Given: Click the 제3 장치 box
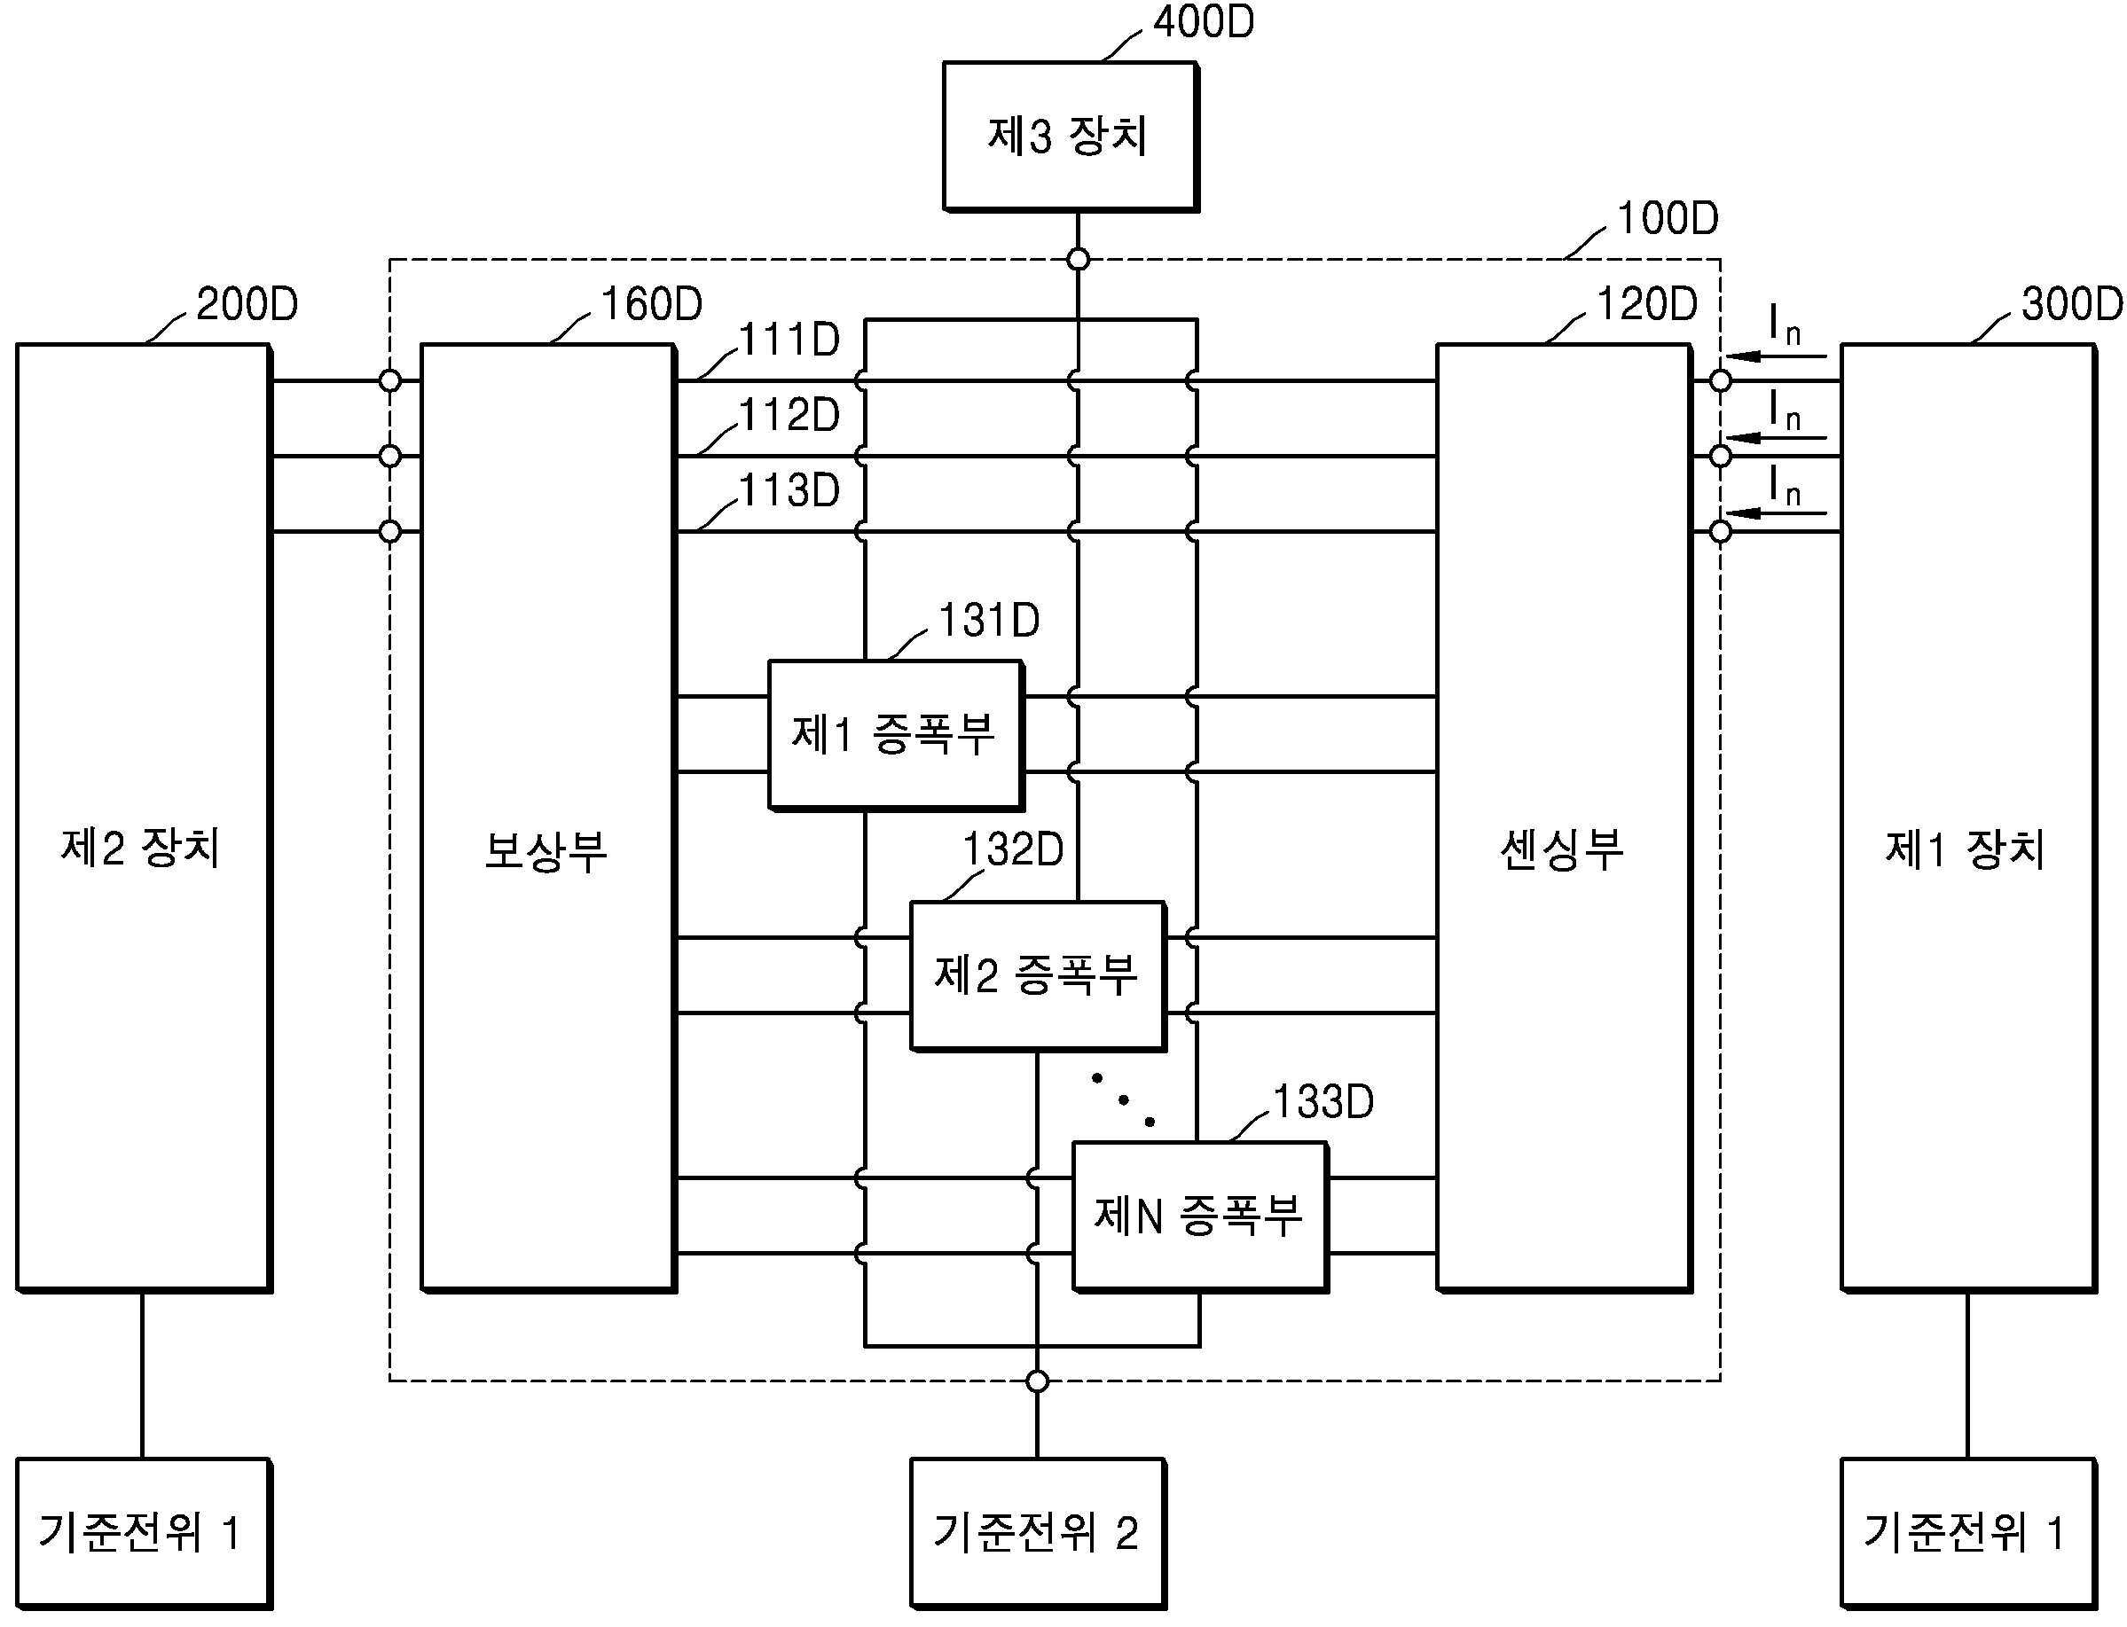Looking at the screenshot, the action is coord(1071,137).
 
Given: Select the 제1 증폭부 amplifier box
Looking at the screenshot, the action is coord(896,735).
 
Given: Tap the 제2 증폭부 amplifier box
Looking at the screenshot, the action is coord(1038,976).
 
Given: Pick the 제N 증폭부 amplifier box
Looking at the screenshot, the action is coord(1200,1217).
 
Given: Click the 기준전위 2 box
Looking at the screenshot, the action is coord(1039,1534).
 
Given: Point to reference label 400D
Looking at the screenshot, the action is coord(1203,21).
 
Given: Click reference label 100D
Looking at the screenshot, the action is coord(1667,219).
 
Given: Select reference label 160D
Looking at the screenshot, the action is coord(651,304).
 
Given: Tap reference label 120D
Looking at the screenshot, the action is coord(1646,304).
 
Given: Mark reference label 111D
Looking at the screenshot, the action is coord(789,340).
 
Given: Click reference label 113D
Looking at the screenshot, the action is coord(789,491).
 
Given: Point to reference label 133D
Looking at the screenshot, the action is coord(1323,1102).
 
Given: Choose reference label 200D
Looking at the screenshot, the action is coord(247,304).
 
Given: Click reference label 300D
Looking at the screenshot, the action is coord(2072,304).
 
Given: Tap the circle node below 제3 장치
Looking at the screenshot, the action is coord(1078,260).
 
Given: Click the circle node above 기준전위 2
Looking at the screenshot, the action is coord(1038,1381).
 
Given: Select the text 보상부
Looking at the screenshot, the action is coord(545,851).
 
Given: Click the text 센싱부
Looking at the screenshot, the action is coord(1561,851).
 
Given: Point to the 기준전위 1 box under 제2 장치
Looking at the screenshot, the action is coord(145,1534).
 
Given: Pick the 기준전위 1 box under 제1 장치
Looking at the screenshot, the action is coord(1968,1534).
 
